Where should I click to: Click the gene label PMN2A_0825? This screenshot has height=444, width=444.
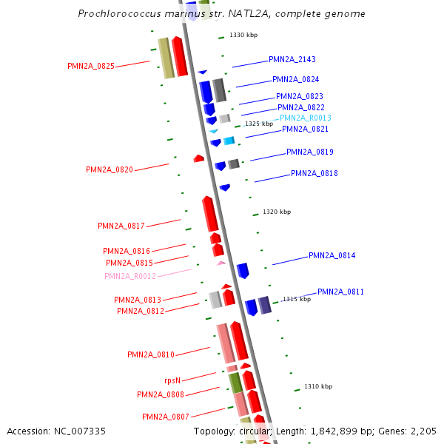click(90, 66)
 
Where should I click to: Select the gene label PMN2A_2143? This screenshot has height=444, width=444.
click(292, 59)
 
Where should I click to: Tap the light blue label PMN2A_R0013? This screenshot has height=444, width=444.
click(305, 118)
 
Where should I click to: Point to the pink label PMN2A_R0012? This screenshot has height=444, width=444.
click(130, 276)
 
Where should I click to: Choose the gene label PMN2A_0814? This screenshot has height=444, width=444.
click(332, 255)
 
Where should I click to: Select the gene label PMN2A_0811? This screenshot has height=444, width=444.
click(340, 292)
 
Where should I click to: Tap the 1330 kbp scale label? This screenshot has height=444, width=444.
click(243, 35)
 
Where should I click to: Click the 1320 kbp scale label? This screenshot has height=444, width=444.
click(277, 212)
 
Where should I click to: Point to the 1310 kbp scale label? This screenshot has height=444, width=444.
click(318, 386)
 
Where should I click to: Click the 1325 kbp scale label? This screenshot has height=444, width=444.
click(259, 124)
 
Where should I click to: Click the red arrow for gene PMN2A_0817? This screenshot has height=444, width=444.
click(210, 214)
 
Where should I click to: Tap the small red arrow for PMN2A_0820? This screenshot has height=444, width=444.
click(198, 158)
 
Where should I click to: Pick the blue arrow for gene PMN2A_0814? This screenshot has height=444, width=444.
click(243, 270)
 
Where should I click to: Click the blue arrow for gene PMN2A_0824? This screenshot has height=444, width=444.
click(206, 92)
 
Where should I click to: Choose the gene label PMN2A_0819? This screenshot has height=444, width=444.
click(309, 152)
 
